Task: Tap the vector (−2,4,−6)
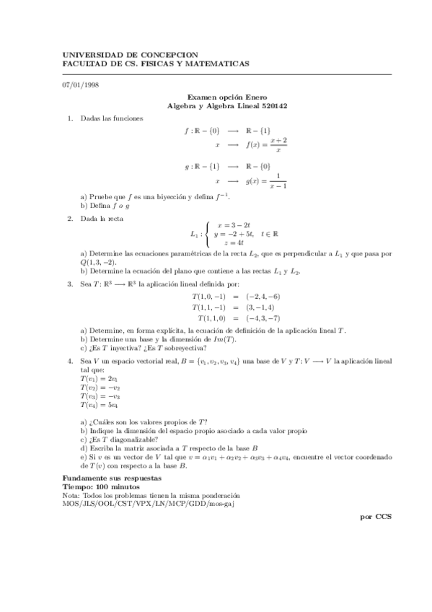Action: (263, 297)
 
